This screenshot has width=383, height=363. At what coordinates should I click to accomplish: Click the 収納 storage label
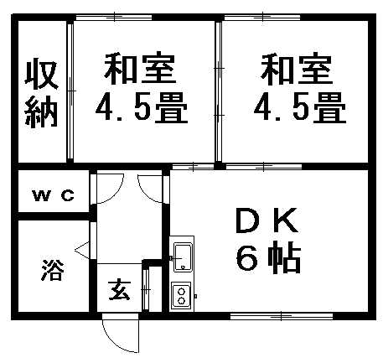[41, 93]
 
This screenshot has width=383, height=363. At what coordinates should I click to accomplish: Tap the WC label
[54, 195]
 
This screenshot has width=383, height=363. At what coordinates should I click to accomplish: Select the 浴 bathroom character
[53, 270]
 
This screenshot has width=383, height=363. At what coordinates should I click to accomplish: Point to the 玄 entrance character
[120, 290]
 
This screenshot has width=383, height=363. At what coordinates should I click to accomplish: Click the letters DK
[267, 221]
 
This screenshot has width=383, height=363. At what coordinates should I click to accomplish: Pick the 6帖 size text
[268, 257]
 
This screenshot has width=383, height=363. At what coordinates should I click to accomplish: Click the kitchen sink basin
[183, 257]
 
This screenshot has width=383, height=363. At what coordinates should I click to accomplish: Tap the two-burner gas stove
[181, 296]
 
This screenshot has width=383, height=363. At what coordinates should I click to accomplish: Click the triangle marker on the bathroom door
[82, 248]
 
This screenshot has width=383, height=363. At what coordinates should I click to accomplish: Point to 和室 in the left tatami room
[140, 68]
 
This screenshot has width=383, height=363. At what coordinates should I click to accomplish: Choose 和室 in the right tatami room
[297, 69]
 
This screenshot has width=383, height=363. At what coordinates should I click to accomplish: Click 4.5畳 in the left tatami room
[142, 107]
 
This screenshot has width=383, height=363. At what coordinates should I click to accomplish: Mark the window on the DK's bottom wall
[282, 316]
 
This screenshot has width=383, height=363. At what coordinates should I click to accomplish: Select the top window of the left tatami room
[114, 17]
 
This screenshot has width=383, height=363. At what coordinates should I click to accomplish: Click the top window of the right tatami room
[262, 17]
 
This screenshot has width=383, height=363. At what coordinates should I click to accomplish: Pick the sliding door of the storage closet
[70, 91]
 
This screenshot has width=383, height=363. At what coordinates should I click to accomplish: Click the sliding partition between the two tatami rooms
[219, 91]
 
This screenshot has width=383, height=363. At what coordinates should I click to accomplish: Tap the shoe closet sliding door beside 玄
[146, 289]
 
